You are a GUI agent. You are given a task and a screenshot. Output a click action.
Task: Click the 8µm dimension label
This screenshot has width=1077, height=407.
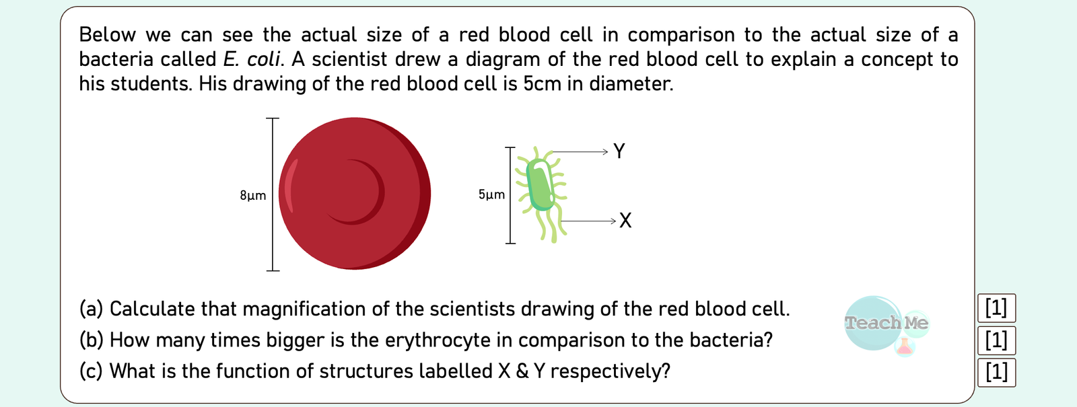tap(253, 196)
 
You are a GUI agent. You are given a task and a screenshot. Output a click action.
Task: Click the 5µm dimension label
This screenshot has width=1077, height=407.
tap(491, 194)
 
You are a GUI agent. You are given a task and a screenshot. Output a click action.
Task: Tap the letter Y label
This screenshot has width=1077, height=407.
tap(619, 151)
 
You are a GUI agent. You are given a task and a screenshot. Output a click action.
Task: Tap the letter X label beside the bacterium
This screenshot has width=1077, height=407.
tap(625, 221)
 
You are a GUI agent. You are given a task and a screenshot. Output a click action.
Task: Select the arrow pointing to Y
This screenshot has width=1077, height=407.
tap(580, 152)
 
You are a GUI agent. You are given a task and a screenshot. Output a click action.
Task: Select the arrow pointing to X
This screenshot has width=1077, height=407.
tap(588, 221)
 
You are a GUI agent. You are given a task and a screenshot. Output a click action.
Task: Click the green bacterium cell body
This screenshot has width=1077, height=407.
tap(541, 184)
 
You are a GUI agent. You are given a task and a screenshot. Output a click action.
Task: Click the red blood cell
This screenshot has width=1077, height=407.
tap(354, 194)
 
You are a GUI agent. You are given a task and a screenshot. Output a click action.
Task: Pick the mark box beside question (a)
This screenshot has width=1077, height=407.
tap(996, 308)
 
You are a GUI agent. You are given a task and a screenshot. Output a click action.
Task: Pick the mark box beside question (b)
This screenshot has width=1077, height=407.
tap(996, 340)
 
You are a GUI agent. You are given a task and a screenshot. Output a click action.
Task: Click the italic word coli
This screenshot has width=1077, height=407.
tap(263, 60)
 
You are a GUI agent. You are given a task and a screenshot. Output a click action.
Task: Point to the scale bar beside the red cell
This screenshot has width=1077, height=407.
tap(273, 194)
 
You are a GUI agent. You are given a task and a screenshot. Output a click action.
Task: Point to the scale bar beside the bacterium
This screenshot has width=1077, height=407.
tap(510, 195)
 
